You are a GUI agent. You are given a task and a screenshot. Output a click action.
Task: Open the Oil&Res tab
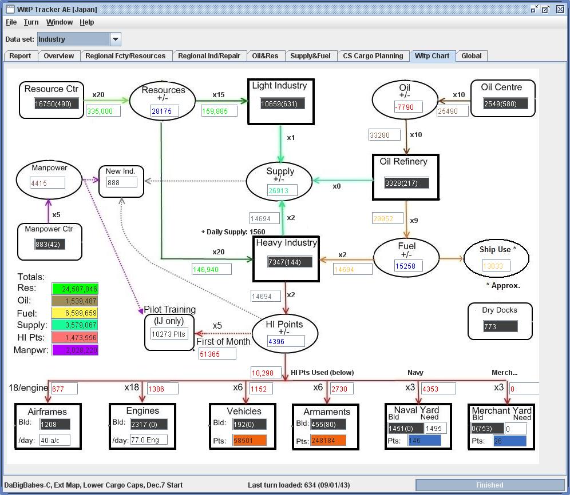[265, 56]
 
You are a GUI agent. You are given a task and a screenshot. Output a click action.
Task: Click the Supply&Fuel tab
[310, 56]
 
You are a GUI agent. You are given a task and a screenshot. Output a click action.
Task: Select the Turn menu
[31, 22]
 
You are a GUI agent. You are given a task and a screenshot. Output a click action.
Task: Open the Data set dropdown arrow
[116, 39]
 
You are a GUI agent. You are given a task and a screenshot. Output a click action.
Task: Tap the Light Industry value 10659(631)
[282, 103]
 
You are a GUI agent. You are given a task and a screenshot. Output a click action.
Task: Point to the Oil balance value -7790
[407, 107]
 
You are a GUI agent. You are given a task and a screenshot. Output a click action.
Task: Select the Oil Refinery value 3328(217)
[406, 183]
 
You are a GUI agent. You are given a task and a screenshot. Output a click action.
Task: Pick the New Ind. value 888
[121, 182]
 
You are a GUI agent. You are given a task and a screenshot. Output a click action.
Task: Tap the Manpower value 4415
[47, 183]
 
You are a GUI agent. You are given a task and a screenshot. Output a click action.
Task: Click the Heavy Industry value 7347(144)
[291, 262]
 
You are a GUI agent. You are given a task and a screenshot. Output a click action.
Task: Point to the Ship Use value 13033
[496, 266]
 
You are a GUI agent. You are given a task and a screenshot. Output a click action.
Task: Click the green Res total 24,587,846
[74, 289]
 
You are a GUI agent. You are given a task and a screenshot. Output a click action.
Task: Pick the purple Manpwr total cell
[74, 350]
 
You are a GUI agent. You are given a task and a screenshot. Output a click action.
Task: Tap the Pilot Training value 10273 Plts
[168, 333]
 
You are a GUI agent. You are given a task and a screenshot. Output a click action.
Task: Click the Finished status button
[489, 485]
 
